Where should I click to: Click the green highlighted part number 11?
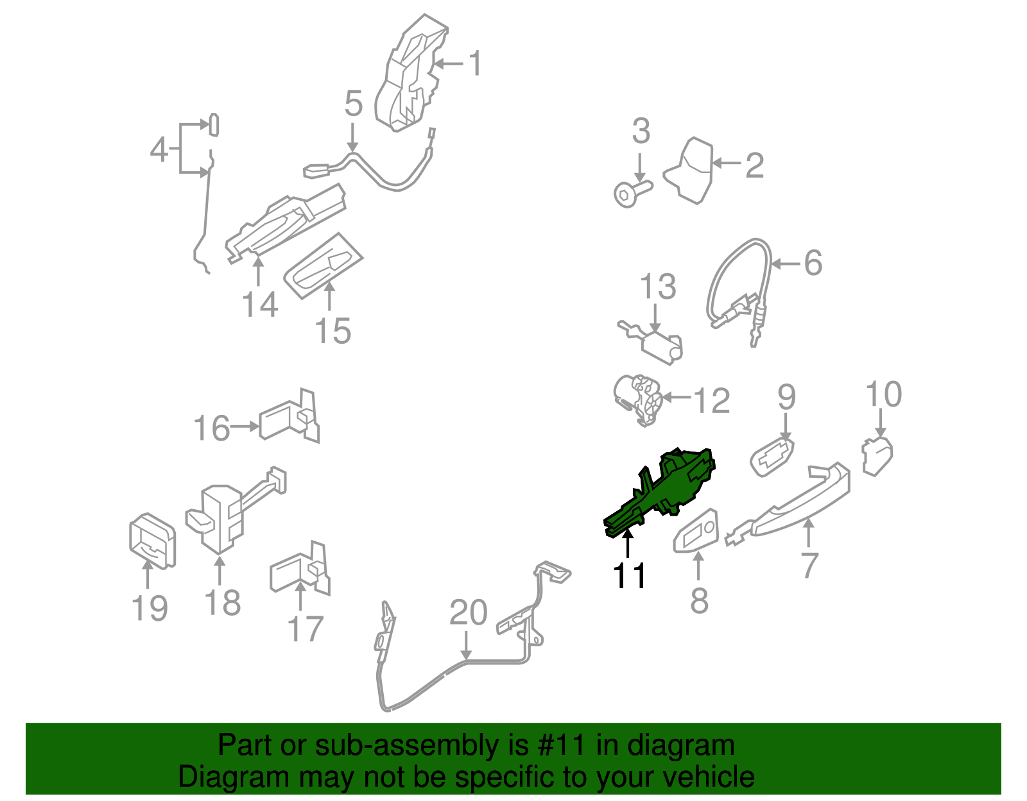tap(662, 493)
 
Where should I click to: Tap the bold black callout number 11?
tap(629, 577)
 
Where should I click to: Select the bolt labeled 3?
tap(633, 194)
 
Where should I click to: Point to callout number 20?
tap(468, 612)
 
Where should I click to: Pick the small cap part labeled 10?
tap(877, 456)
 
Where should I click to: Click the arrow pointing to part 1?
tap(448, 63)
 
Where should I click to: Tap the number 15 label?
tap(332, 331)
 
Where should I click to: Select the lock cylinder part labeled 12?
tap(637, 400)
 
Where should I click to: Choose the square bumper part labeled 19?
tap(152, 541)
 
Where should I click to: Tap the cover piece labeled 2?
tap(691, 171)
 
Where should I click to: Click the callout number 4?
tap(159, 149)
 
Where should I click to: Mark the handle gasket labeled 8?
tap(696, 531)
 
